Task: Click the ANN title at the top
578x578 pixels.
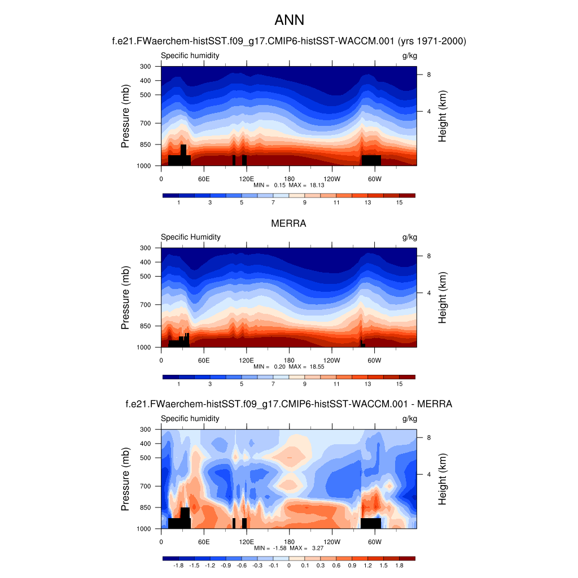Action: pyautogui.click(x=289, y=20)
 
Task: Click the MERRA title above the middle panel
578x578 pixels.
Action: pyautogui.click(x=288, y=224)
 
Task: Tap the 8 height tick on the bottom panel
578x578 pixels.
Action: pyautogui.click(x=429, y=437)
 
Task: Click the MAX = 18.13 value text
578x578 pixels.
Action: pyautogui.click(x=306, y=185)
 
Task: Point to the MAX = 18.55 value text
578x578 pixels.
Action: pyautogui.click(x=306, y=366)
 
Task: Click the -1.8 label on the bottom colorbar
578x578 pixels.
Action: pyautogui.click(x=178, y=566)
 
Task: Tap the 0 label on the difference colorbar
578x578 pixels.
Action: pyautogui.click(x=288, y=566)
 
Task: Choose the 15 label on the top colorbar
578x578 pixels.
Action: pyautogui.click(x=399, y=203)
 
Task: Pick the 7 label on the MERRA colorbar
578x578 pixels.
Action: pyautogui.click(x=273, y=384)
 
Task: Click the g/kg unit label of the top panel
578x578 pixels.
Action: pyautogui.click(x=410, y=55)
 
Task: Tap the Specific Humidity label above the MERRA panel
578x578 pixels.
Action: pyautogui.click(x=191, y=237)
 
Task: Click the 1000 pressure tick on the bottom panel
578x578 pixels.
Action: pyautogui.click(x=144, y=529)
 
